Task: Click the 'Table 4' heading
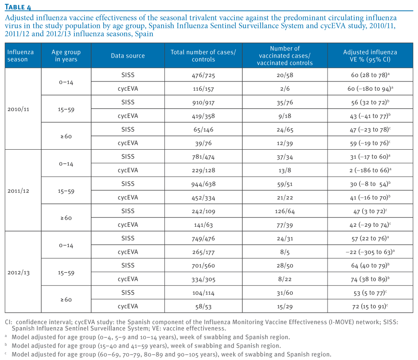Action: (x=18, y=7)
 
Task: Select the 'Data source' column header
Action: (x=128, y=56)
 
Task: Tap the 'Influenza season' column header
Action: (x=20, y=56)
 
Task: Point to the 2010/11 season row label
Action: (x=18, y=109)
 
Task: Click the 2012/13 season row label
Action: (x=18, y=272)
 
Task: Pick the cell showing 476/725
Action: (x=203, y=75)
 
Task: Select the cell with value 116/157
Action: (x=203, y=89)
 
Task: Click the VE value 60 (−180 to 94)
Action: (x=370, y=89)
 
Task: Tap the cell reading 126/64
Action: (x=285, y=211)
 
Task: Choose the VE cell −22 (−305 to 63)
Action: (x=370, y=252)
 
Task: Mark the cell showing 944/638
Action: (x=203, y=184)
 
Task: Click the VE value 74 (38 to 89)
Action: (x=370, y=279)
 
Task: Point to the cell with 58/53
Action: (x=203, y=306)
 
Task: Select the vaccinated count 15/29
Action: (x=285, y=306)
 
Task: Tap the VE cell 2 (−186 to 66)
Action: (x=370, y=170)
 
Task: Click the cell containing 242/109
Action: (x=203, y=211)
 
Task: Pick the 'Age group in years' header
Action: (x=66, y=56)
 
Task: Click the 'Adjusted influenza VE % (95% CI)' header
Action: (x=370, y=56)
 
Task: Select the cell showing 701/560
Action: (x=203, y=266)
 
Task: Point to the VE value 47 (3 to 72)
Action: (x=370, y=211)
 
